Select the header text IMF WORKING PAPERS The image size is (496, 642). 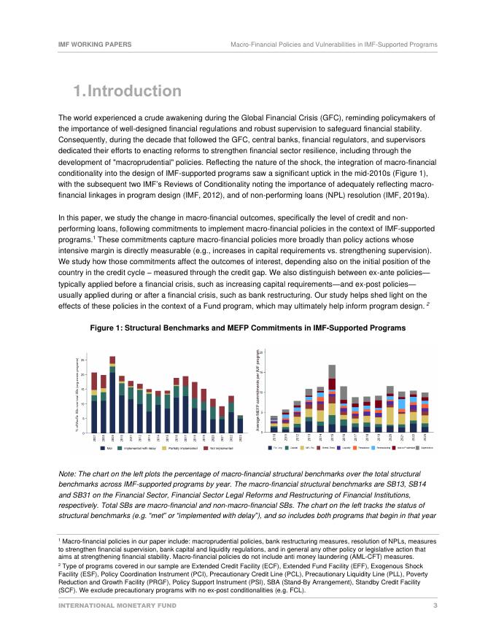95,45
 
